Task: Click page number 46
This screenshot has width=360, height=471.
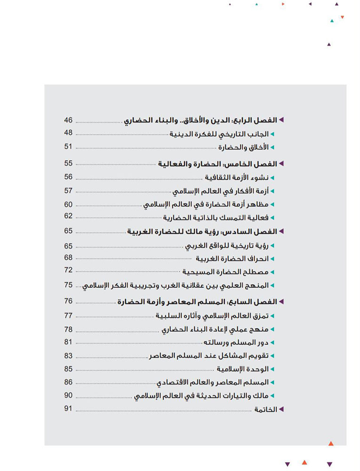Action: [69, 120]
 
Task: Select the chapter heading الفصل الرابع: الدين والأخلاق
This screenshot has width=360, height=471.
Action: [200, 120]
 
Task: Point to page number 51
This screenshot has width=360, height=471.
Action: [69, 146]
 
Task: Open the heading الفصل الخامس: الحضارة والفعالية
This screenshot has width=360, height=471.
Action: [216, 164]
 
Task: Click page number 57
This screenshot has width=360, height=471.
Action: [69, 190]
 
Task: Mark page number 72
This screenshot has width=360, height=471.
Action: [69, 270]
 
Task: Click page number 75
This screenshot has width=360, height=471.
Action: [69, 284]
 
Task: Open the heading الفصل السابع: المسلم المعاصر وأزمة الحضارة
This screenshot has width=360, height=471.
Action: [198, 301]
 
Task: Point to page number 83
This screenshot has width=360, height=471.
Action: [69, 356]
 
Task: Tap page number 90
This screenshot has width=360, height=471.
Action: [69, 395]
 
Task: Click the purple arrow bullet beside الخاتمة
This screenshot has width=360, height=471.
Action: [281, 410]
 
